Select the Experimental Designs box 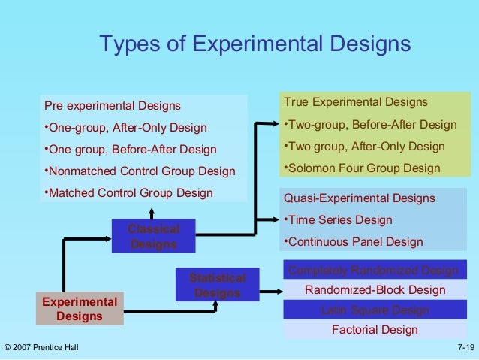80,309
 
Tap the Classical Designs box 154,236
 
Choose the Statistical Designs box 217,286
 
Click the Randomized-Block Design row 375,290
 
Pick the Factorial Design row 375,330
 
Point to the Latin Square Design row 375,310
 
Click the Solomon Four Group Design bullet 363,168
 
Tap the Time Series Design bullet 338,220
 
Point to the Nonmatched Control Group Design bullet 140,171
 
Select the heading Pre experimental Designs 113,105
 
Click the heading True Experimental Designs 355,102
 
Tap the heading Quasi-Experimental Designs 359,198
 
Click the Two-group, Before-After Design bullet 369,124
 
